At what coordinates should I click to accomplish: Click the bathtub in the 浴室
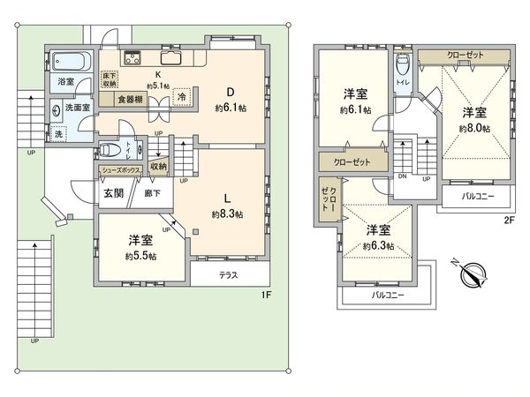click(69, 63)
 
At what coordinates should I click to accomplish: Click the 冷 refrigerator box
click(180, 97)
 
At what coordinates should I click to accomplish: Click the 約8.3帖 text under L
click(227, 213)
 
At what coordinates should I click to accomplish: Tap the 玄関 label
click(112, 194)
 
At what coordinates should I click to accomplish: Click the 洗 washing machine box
click(58, 135)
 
